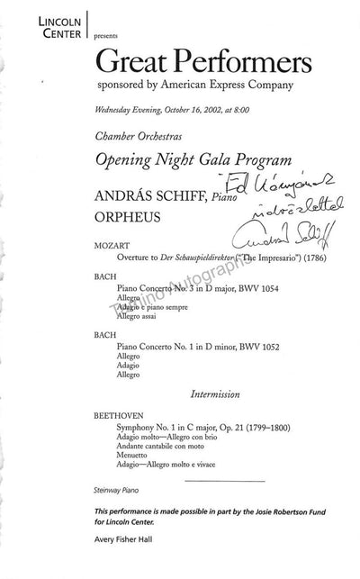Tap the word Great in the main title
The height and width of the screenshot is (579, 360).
coord(157,62)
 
